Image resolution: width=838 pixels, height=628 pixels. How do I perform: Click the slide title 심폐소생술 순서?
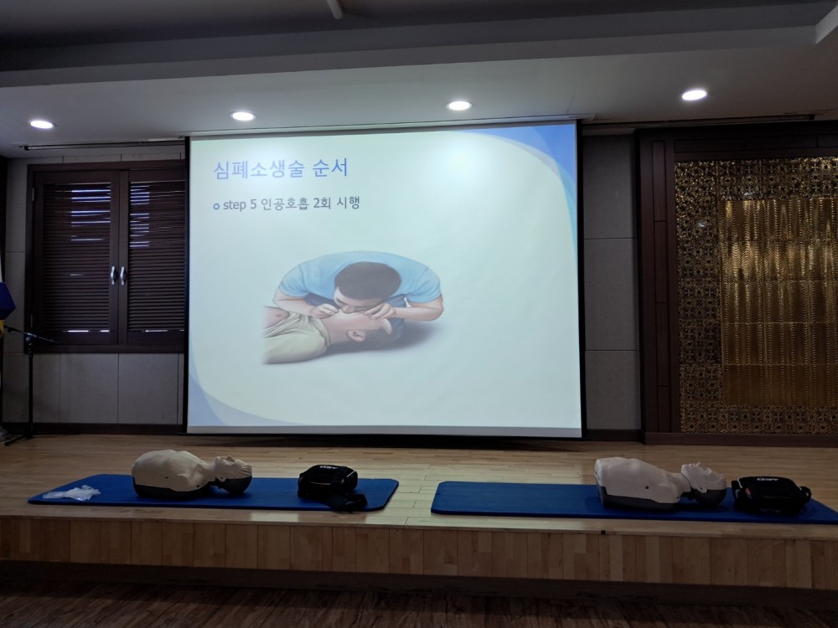coord(281,169)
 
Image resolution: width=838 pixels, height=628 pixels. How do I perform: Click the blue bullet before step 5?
coord(216,206)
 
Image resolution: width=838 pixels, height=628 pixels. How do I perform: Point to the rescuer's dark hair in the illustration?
coord(367,280)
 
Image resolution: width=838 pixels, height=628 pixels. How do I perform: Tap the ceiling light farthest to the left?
coord(42,125)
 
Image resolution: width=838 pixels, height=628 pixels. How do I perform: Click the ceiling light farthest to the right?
coord(694,95)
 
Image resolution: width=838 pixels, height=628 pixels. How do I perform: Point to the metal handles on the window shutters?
coord(117,275)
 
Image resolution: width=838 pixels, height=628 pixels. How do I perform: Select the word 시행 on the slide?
coord(348,203)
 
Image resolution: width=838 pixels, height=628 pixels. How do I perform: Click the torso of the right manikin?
coord(640,481)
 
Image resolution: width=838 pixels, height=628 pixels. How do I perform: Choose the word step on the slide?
coord(234,205)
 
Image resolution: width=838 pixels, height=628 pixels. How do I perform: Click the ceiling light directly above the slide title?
coord(243,116)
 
